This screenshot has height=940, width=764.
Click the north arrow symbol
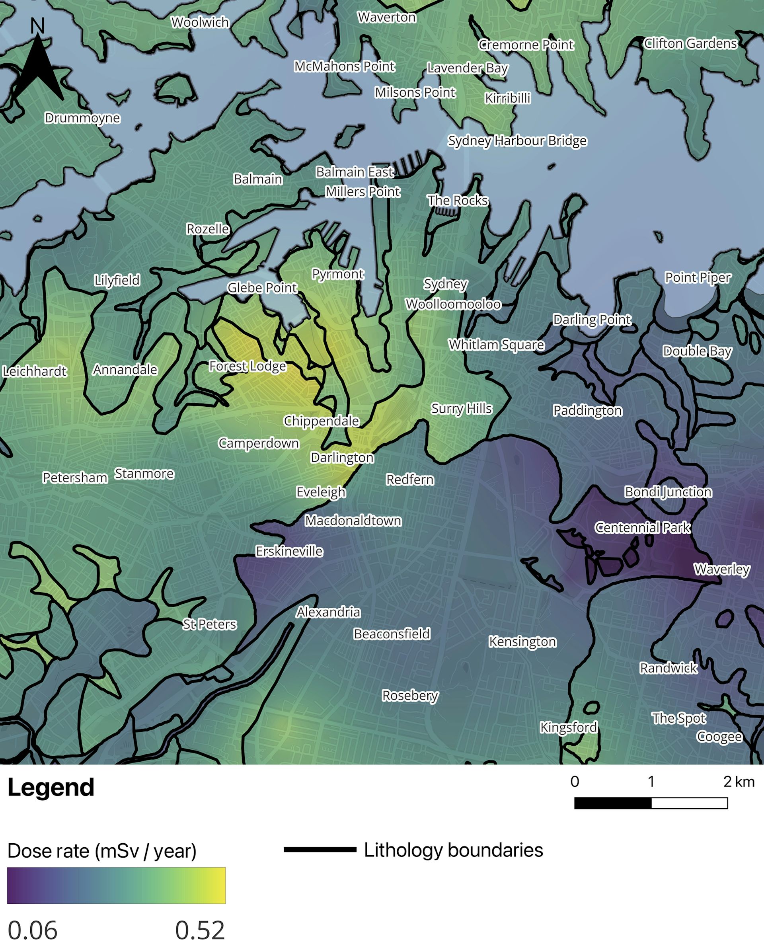38,66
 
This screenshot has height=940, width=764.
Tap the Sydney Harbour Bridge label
517,141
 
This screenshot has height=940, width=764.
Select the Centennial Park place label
643,527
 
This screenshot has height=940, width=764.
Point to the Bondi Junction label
668,491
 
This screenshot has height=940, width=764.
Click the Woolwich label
200,22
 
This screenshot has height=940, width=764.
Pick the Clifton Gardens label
690,43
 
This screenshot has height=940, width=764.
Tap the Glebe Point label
262,288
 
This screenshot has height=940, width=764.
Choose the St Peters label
209,624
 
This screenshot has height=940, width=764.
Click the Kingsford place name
568,727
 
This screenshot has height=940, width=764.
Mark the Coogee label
719,736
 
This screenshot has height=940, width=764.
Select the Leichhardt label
34,371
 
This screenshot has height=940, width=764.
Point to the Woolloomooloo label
453,304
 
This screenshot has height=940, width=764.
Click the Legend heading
51,787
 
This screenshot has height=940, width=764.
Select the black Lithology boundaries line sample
320,850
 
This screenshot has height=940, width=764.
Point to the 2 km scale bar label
739,782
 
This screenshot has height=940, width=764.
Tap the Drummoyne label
82,118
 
